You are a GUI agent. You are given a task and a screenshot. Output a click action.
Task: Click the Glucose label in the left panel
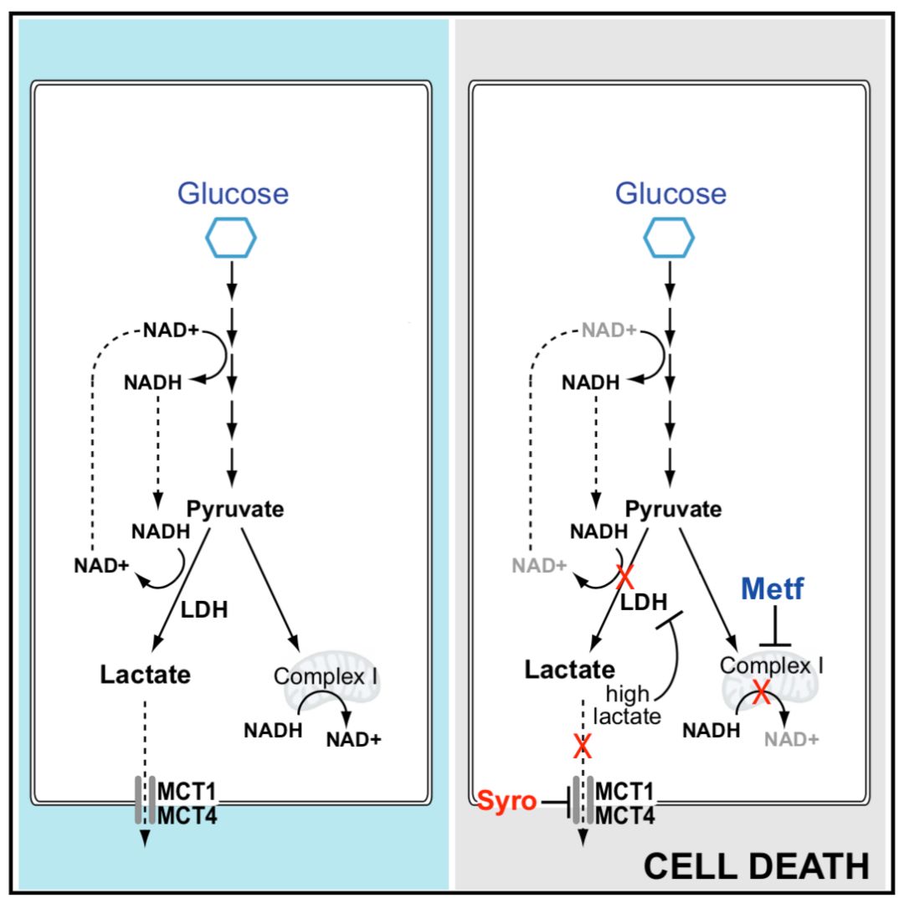[x=232, y=193]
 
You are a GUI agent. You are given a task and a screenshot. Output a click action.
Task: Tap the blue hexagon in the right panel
[x=669, y=238]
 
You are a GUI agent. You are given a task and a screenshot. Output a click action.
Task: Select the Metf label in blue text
[x=772, y=590]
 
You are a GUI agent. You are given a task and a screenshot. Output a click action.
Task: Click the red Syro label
[x=506, y=801]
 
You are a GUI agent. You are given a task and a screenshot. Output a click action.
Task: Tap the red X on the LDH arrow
[x=623, y=577]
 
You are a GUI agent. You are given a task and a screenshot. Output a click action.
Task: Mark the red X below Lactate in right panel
[x=583, y=745]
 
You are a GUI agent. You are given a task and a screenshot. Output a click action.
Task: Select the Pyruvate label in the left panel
[x=235, y=509]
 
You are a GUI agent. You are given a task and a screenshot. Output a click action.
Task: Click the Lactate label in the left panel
[x=146, y=674]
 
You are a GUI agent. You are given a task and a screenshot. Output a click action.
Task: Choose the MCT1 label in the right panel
[x=625, y=791]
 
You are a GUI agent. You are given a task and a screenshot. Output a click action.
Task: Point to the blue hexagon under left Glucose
[x=232, y=238]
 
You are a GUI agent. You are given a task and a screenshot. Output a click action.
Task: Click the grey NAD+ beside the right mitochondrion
[x=791, y=738]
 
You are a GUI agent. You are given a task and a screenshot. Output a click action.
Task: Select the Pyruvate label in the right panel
[x=673, y=509]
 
